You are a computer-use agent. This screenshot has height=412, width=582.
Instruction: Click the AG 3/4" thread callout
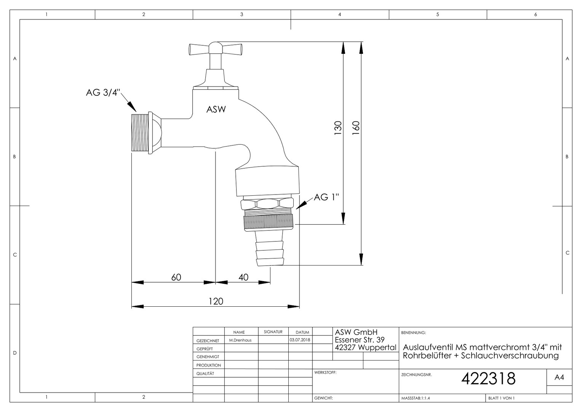(x=103, y=92)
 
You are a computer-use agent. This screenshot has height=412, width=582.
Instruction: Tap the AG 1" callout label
(x=326, y=197)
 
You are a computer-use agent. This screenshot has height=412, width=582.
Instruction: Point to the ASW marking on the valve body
(x=216, y=109)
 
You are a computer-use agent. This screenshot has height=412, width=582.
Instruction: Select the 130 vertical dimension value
(x=338, y=128)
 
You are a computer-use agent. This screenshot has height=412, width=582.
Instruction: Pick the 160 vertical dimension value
(x=356, y=128)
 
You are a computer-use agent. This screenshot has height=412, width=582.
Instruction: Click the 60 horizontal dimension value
(x=176, y=277)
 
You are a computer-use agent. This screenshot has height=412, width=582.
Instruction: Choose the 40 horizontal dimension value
(x=243, y=277)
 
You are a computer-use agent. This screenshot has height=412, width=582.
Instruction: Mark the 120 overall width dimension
(x=216, y=301)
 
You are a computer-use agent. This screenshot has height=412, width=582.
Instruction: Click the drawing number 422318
(x=488, y=378)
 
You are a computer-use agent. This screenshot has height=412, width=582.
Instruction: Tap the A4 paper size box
(x=559, y=377)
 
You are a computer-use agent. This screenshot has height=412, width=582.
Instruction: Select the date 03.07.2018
(x=300, y=340)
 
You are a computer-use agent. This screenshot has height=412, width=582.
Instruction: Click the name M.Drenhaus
(x=240, y=340)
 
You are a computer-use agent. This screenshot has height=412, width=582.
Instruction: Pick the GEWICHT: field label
(x=323, y=398)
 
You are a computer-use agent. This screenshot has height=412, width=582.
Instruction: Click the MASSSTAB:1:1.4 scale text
(x=416, y=398)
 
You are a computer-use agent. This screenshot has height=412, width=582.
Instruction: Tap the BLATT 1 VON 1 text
(x=502, y=398)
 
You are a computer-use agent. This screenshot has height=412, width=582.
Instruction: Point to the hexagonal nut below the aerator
(x=267, y=204)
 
